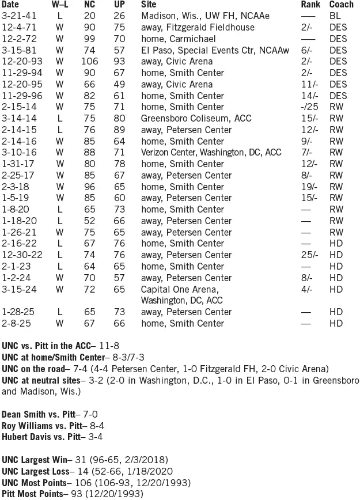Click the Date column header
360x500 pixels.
(10, 5)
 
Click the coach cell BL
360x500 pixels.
(335, 16)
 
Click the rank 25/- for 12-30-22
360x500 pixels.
(310, 255)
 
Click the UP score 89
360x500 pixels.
(119, 130)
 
